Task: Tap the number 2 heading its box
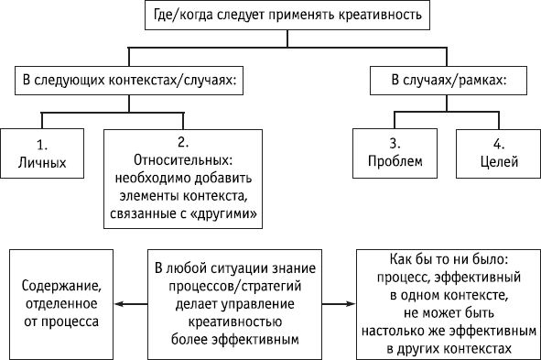(x=183, y=141)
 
